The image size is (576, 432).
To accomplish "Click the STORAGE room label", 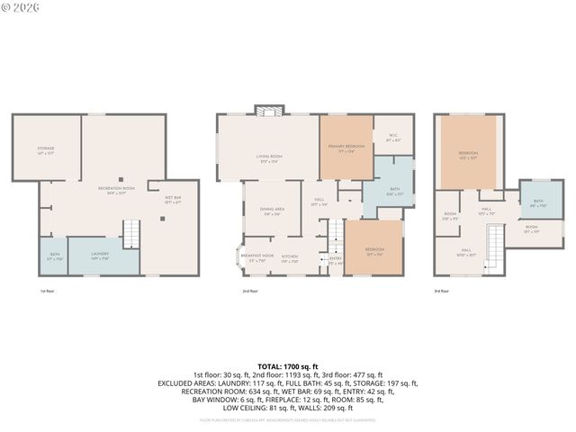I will tap(46, 150).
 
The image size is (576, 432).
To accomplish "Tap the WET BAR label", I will tap(172, 199).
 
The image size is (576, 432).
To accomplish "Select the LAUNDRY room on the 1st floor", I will tap(100, 256).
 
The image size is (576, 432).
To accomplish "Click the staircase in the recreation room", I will tap(131, 234).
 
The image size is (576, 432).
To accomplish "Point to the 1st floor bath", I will tap(54, 256).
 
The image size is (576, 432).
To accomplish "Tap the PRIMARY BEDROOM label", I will tap(346, 148).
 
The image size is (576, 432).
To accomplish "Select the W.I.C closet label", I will tap(393, 139).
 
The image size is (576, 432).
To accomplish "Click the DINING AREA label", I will tap(274, 211).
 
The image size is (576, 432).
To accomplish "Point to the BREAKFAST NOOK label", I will tap(256, 256).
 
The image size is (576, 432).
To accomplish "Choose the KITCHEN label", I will tap(290, 256).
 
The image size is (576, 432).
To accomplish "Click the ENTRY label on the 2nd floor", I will tap(335, 261).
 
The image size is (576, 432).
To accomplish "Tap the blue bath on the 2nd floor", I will tap(392, 190).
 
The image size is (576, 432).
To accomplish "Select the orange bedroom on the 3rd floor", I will tap(468, 155).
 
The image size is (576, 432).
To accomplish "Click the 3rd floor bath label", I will tap(538, 202).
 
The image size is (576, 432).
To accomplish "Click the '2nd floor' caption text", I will tap(250, 292).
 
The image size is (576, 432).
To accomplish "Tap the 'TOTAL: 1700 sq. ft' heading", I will tap(287, 366).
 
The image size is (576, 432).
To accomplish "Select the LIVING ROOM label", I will tap(267, 158).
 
